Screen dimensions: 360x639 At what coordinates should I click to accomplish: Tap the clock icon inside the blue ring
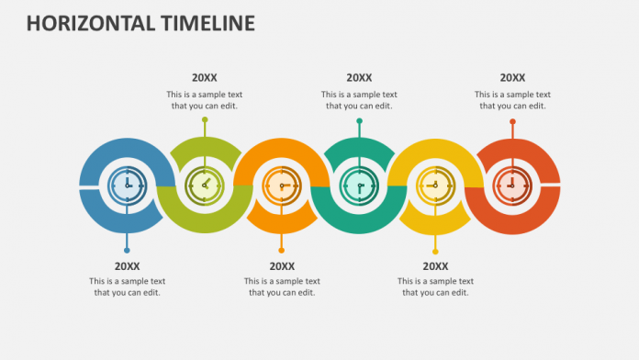[127, 185]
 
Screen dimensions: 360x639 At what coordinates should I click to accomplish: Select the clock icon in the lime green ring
[204, 185]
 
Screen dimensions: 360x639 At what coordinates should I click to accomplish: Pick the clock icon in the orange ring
[281, 185]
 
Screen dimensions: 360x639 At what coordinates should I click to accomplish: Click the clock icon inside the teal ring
[358, 185]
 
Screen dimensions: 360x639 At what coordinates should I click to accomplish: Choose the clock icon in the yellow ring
[435, 185]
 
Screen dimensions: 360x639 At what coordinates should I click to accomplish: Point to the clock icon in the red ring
[512, 185]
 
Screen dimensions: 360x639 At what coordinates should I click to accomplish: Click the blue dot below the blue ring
[127, 250]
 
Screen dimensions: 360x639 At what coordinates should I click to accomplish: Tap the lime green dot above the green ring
[205, 119]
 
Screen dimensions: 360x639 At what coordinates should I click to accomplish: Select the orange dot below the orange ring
[281, 250]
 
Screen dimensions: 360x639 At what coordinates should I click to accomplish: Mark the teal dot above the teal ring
[359, 120]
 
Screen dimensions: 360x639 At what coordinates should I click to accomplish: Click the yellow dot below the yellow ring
[435, 251]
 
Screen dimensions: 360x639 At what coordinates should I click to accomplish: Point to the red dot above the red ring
[512, 120]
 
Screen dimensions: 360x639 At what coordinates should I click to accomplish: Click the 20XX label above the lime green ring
[205, 78]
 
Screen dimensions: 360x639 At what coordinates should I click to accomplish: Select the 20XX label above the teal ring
[359, 78]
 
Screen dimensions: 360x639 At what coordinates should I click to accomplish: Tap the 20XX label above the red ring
[512, 78]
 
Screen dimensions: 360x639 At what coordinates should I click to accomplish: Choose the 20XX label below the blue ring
[127, 265]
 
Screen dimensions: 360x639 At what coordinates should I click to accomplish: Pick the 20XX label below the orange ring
[282, 265]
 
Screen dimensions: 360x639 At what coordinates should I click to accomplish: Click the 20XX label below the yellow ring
[435, 265]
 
